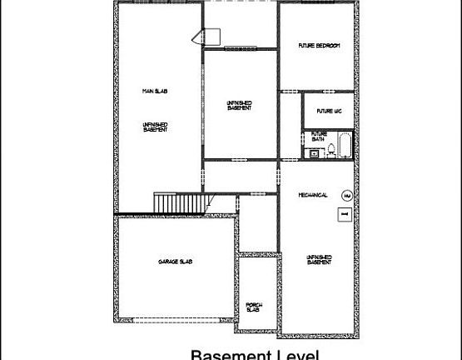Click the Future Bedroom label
(319, 45)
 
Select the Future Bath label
(319, 136)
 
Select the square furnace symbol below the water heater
(343, 215)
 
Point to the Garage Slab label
(175, 262)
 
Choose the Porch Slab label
(255, 308)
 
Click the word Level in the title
(296, 355)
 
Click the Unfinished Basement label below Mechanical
(320, 259)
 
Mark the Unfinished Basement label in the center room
(240, 106)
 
